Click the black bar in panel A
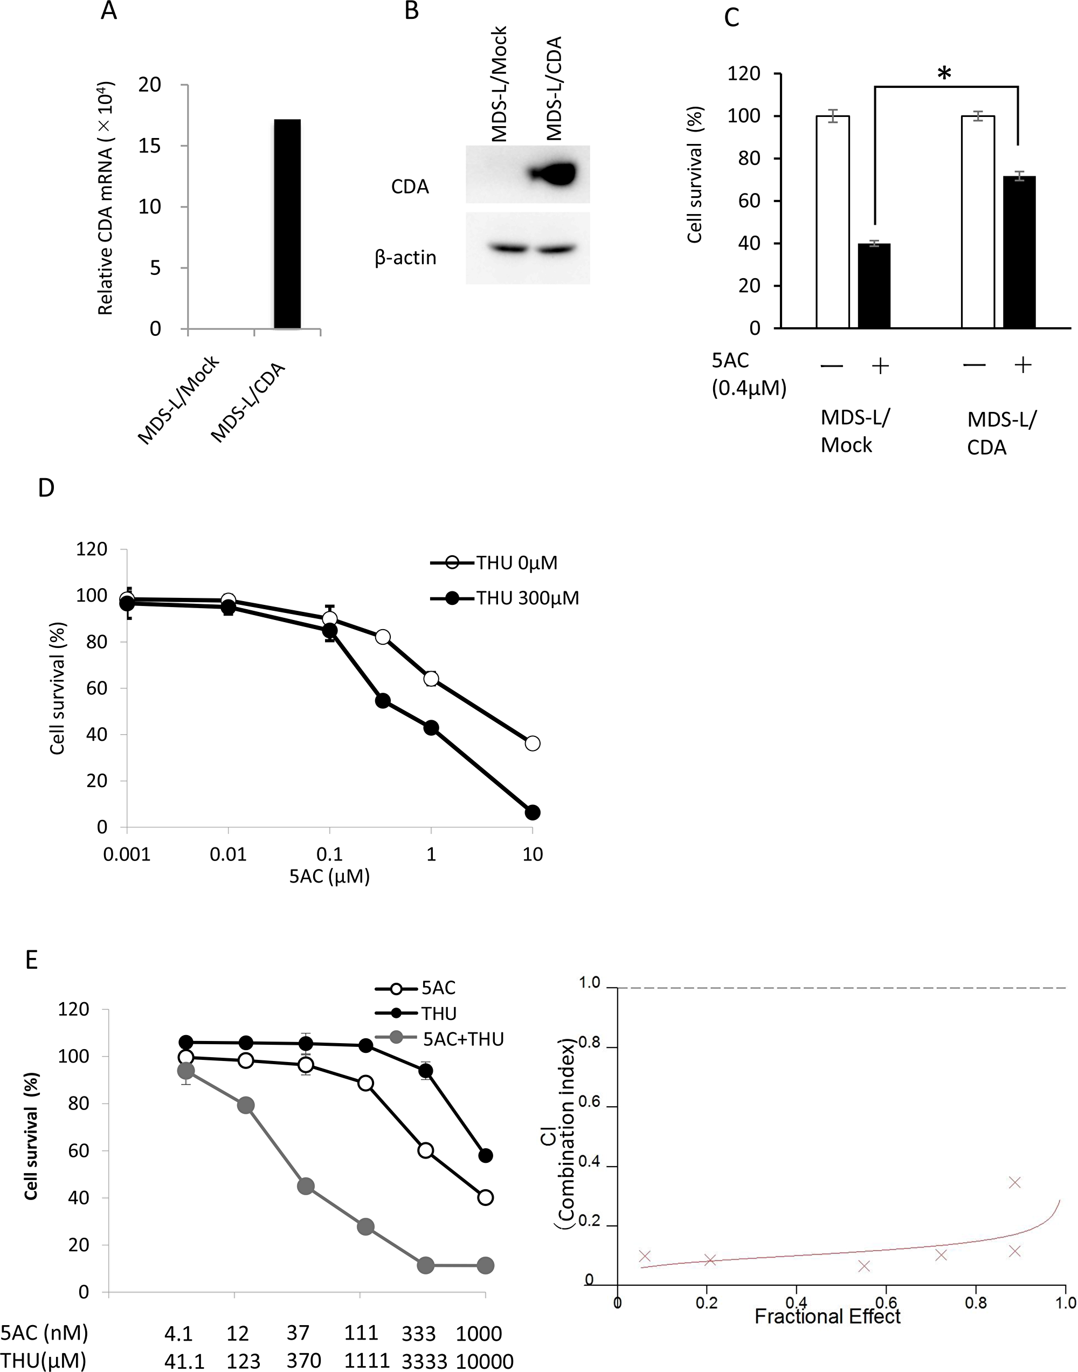tap(287, 224)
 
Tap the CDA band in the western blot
tap(555, 174)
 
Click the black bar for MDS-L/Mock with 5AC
tap(874, 286)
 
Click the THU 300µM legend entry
tap(505, 598)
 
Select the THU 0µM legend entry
tap(495, 562)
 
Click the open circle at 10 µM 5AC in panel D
tap(533, 743)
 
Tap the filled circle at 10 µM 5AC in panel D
tap(533, 812)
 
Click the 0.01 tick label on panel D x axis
tap(228, 854)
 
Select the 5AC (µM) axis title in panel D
tap(329, 876)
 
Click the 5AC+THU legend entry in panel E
tap(440, 1039)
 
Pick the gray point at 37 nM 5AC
tap(306, 1187)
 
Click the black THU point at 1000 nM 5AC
tap(485, 1155)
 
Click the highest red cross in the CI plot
tap(1014, 1182)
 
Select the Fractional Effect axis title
tap(827, 1316)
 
